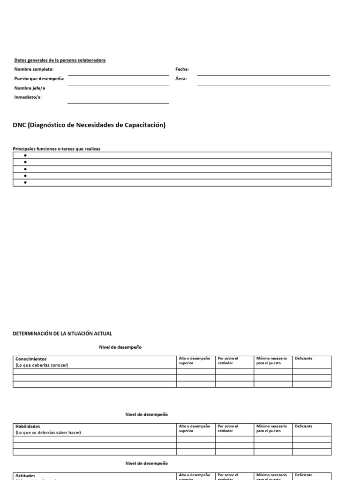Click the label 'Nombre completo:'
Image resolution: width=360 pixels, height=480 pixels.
(x=34, y=69)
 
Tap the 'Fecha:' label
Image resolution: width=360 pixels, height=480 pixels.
(x=182, y=69)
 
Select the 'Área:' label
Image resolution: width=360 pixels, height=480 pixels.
(x=181, y=79)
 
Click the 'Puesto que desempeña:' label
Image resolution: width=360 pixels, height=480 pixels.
(x=39, y=79)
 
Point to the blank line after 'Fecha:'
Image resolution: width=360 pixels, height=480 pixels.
(x=263, y=75)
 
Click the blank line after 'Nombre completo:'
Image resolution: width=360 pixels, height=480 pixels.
(x=118, y=75)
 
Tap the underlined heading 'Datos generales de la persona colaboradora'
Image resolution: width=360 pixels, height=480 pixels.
(x=60, y=60)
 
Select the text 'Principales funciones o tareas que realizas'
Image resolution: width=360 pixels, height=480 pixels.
(x=56, y=149)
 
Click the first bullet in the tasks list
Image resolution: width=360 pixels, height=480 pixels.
(x=25, y=156)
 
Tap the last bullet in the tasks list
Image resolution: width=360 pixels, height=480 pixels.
(x=25, y=183)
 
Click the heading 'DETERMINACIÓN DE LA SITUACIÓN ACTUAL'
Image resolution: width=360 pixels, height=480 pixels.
(x=62, y=333)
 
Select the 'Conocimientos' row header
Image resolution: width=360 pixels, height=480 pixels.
(x=31, y=359)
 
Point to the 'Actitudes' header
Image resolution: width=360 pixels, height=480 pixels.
(x=25, y=475)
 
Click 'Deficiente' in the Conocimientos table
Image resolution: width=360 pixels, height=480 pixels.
(x=304, y=359)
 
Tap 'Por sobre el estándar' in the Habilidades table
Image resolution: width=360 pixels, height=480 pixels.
(x=228, y=428)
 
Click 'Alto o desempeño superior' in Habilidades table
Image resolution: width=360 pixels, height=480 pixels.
(x=195, y=428)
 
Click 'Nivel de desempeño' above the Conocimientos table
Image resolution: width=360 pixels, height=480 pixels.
(x=120, y=347)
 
